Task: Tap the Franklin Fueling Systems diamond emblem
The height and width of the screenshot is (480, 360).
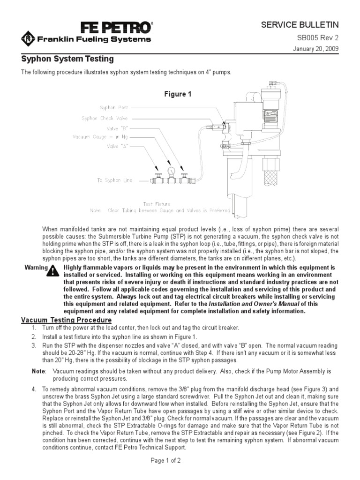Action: [x=29, y=39]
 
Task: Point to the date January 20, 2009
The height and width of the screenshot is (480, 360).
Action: [x=313, y=49]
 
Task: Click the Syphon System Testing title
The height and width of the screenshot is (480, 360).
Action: [x=68, y=60]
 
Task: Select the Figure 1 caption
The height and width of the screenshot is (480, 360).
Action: [x=178, y=94]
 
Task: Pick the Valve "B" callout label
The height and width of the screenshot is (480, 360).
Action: [x=117, y=127]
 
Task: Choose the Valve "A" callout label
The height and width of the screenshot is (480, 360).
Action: [x=117, y=146]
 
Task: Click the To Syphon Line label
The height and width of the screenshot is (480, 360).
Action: [x=115, y=180]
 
